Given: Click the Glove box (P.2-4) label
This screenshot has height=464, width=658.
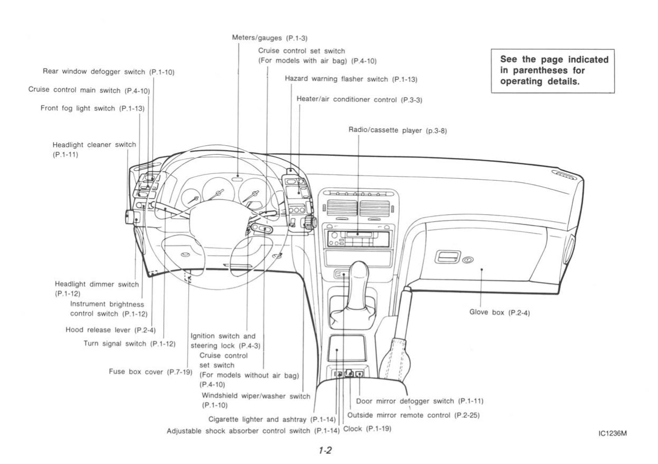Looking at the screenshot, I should click(499, 312).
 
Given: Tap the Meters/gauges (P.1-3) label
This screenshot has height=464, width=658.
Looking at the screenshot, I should click(266, 38).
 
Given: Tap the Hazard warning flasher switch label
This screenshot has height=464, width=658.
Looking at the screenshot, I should click(351, 79).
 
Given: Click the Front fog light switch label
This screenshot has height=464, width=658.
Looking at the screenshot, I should click(93, 108).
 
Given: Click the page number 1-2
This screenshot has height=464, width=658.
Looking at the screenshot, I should click(325, 451).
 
